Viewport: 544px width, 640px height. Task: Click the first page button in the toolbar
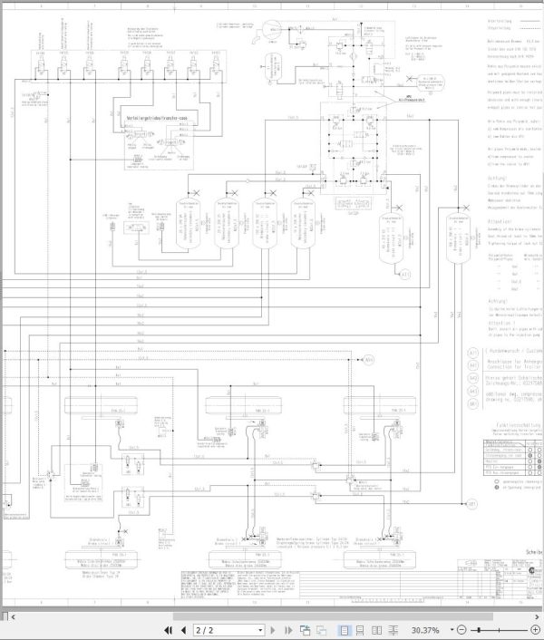click(x=169, y=629)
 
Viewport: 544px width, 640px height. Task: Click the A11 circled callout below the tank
click(x=405, y=275)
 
